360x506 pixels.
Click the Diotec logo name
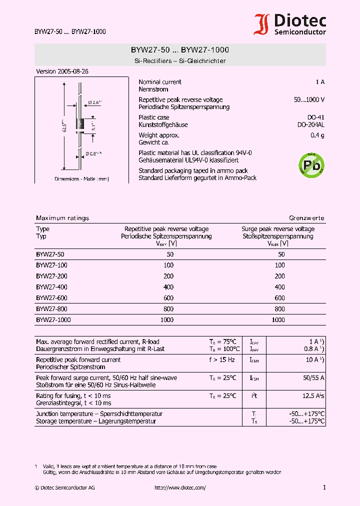pos(299,20)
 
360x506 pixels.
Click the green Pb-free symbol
pos(311,164)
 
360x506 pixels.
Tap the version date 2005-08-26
pos(62,71)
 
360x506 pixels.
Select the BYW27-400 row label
pos(51,287)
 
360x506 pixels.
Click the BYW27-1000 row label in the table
pos(53,320)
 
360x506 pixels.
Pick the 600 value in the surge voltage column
pos(279,298)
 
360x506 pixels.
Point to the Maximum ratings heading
pos(62,218)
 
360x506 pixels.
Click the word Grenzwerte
pos(307,218)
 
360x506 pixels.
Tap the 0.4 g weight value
pos(317,135)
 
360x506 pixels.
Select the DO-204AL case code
pos(310,125)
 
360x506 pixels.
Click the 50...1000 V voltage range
pos(309,100)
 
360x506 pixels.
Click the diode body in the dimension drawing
pos(79,123)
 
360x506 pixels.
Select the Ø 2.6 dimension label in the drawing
pos(95,102)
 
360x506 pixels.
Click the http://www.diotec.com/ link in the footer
pos(180,488)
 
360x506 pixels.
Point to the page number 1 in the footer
pos(324,487)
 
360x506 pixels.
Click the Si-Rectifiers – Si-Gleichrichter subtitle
pos(180,61)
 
